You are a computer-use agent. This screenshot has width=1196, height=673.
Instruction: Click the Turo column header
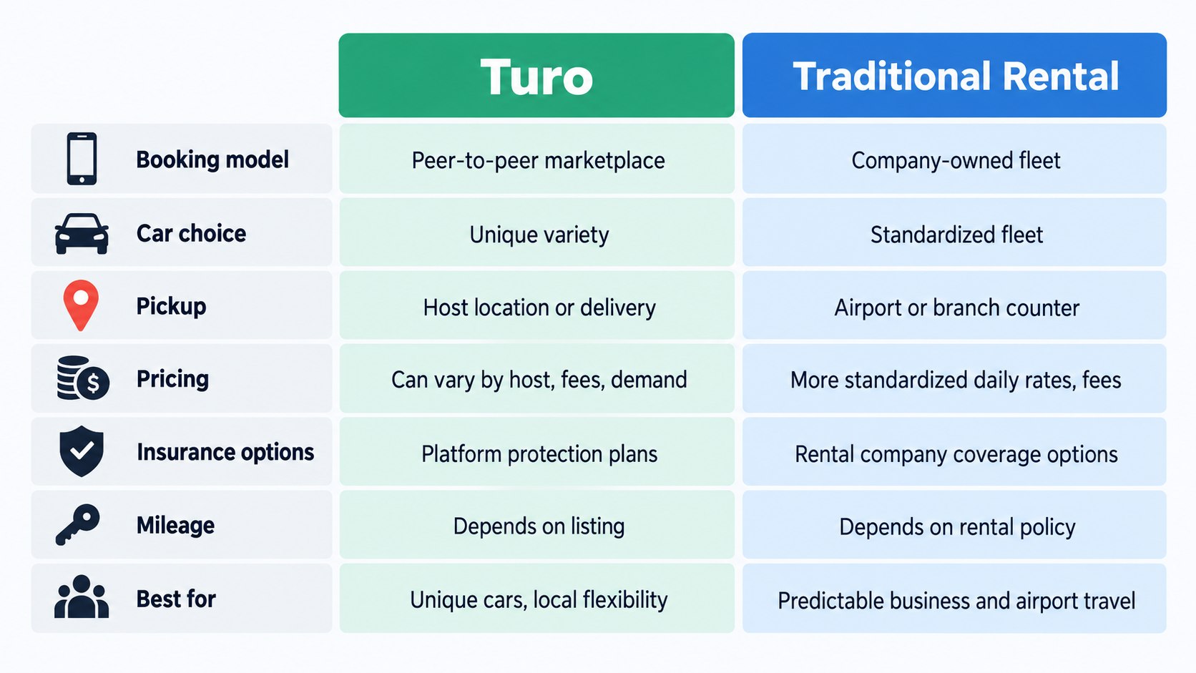(x=536, y=75)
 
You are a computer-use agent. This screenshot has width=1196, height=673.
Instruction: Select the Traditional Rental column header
(x=954, y=75)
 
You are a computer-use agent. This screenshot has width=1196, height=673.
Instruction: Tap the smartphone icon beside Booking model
(x=82, y=159)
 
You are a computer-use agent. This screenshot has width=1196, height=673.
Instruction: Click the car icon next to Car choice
(x=82, y=234)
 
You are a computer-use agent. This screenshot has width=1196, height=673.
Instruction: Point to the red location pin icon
(x=81, y=305)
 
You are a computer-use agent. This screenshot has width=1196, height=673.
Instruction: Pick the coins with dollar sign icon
(x=83, y=378)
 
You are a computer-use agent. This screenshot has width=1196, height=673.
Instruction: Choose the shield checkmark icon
(x=82, y=451)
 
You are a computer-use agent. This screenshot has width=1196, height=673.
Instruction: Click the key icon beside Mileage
(x=78, y=525)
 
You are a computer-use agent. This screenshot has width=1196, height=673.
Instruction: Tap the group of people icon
(x=82, y=596)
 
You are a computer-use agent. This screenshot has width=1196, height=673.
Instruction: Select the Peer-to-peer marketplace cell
(x=536, y=159)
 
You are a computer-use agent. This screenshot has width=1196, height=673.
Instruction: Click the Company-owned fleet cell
(x=954, y=159)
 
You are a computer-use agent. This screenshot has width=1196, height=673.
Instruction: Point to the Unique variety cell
(x=536, y=232)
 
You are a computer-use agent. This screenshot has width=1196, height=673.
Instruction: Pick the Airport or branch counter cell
(x=954, y=305)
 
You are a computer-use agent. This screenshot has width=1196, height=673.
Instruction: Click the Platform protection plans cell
(x=536, y=451)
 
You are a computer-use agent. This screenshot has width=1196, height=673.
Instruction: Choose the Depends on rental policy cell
(x=954, y=525)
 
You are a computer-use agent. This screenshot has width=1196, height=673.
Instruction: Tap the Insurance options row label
(x=225, y=453)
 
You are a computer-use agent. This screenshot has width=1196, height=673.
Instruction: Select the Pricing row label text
(x=172, y=380)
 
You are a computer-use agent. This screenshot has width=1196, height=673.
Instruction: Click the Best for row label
(x=176, y=599)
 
